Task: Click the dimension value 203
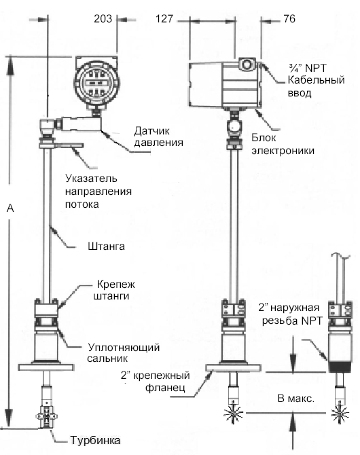coord(103,19)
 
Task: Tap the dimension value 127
coord(164,19)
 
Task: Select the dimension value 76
coord(289,19)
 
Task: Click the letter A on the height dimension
coord(10,208)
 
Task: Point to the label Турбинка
coord(96,440)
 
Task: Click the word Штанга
coord(106,247)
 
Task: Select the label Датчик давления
coord(158,136)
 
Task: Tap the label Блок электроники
coord(283,144)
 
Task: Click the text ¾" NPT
coord(308,68)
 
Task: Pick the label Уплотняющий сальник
coord(124,353)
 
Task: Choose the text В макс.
coord(296,399)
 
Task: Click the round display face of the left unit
coord(96,83)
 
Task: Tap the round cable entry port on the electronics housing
coord(247,64)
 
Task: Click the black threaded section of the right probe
coord(340,367)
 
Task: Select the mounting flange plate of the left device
coord(46,367)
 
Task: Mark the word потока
coord(82,204)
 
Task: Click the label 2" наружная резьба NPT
coord(291,314)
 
